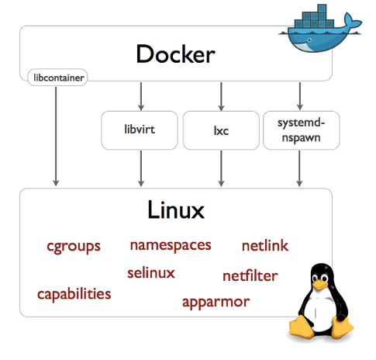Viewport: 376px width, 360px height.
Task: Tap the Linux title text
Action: [176, 209]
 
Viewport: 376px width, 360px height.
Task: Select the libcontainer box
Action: [57, 77]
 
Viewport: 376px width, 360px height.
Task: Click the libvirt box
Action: [140, 130]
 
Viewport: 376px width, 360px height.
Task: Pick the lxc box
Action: [220, 130]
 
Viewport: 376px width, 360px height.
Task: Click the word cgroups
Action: [74, 247]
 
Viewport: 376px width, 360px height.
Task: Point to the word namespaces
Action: [171, 245]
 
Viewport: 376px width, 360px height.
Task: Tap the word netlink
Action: [264, 246]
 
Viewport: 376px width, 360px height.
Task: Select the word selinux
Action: [151, 272]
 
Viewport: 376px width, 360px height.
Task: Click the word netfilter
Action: [250, 275]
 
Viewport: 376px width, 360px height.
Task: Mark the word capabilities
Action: [74, 294]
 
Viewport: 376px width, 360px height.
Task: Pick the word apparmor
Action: [216, 301]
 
